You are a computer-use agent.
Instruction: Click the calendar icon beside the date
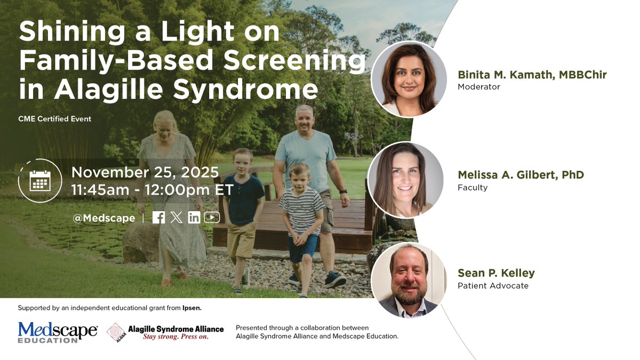point(40,181)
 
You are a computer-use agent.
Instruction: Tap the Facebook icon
point(158,218)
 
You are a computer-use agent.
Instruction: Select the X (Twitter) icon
point(177,218)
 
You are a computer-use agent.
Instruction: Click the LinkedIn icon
point(194,218)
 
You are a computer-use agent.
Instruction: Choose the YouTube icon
point(212,218)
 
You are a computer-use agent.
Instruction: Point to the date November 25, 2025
point(145,172)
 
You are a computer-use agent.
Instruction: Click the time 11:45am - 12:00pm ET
point(152,190)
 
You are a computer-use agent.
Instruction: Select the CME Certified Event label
point(54,119)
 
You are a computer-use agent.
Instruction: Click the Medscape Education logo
point(58,332)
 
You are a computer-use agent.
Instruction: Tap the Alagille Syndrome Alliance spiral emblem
point(116,332)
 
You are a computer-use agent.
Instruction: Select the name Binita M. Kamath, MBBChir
point(532,75)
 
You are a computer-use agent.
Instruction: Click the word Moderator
point(479,86)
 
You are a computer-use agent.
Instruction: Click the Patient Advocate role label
point(493,286)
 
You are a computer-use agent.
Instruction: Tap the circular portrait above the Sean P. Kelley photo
point(406,180)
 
